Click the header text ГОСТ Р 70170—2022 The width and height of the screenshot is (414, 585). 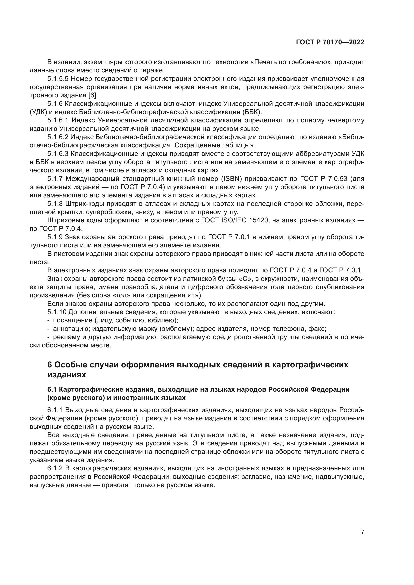click(330, 42)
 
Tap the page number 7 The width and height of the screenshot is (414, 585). click(362, 525)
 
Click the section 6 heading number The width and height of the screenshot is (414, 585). click(50, 365)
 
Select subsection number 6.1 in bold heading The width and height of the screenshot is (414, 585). click(52, 390)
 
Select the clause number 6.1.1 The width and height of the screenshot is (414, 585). click(55, 410)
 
